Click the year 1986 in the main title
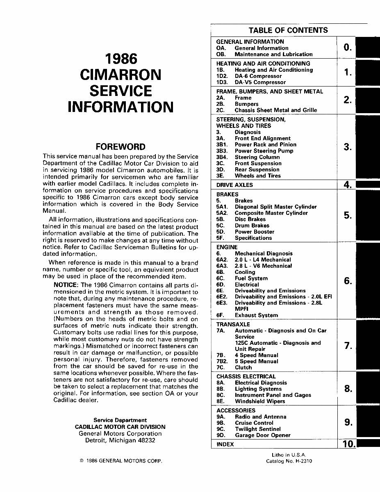(x=121, y=59)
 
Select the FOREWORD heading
(x=120, y=147)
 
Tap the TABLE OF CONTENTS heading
(x=288, y=30)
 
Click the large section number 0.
(x=348, y=48)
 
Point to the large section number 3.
(x=348, y=147)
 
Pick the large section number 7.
(x=348, y=346)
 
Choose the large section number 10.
(x=348, y=444)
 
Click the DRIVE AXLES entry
(x=234, y=185)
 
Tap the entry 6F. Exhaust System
(x=247, y=315)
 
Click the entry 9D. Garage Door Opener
(x=253, y=435)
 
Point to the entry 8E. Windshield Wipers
(x=250, y=401)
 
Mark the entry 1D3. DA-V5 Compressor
(x=251, y=82)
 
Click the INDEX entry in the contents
(x=225, y=444)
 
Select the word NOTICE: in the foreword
(x=66, y=285)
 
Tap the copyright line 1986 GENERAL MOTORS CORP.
(x=121, y=461)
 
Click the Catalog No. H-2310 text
(x=289, y=461)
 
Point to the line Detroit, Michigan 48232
(x=120, y=440)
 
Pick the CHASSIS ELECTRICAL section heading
(x=246, y=376)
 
